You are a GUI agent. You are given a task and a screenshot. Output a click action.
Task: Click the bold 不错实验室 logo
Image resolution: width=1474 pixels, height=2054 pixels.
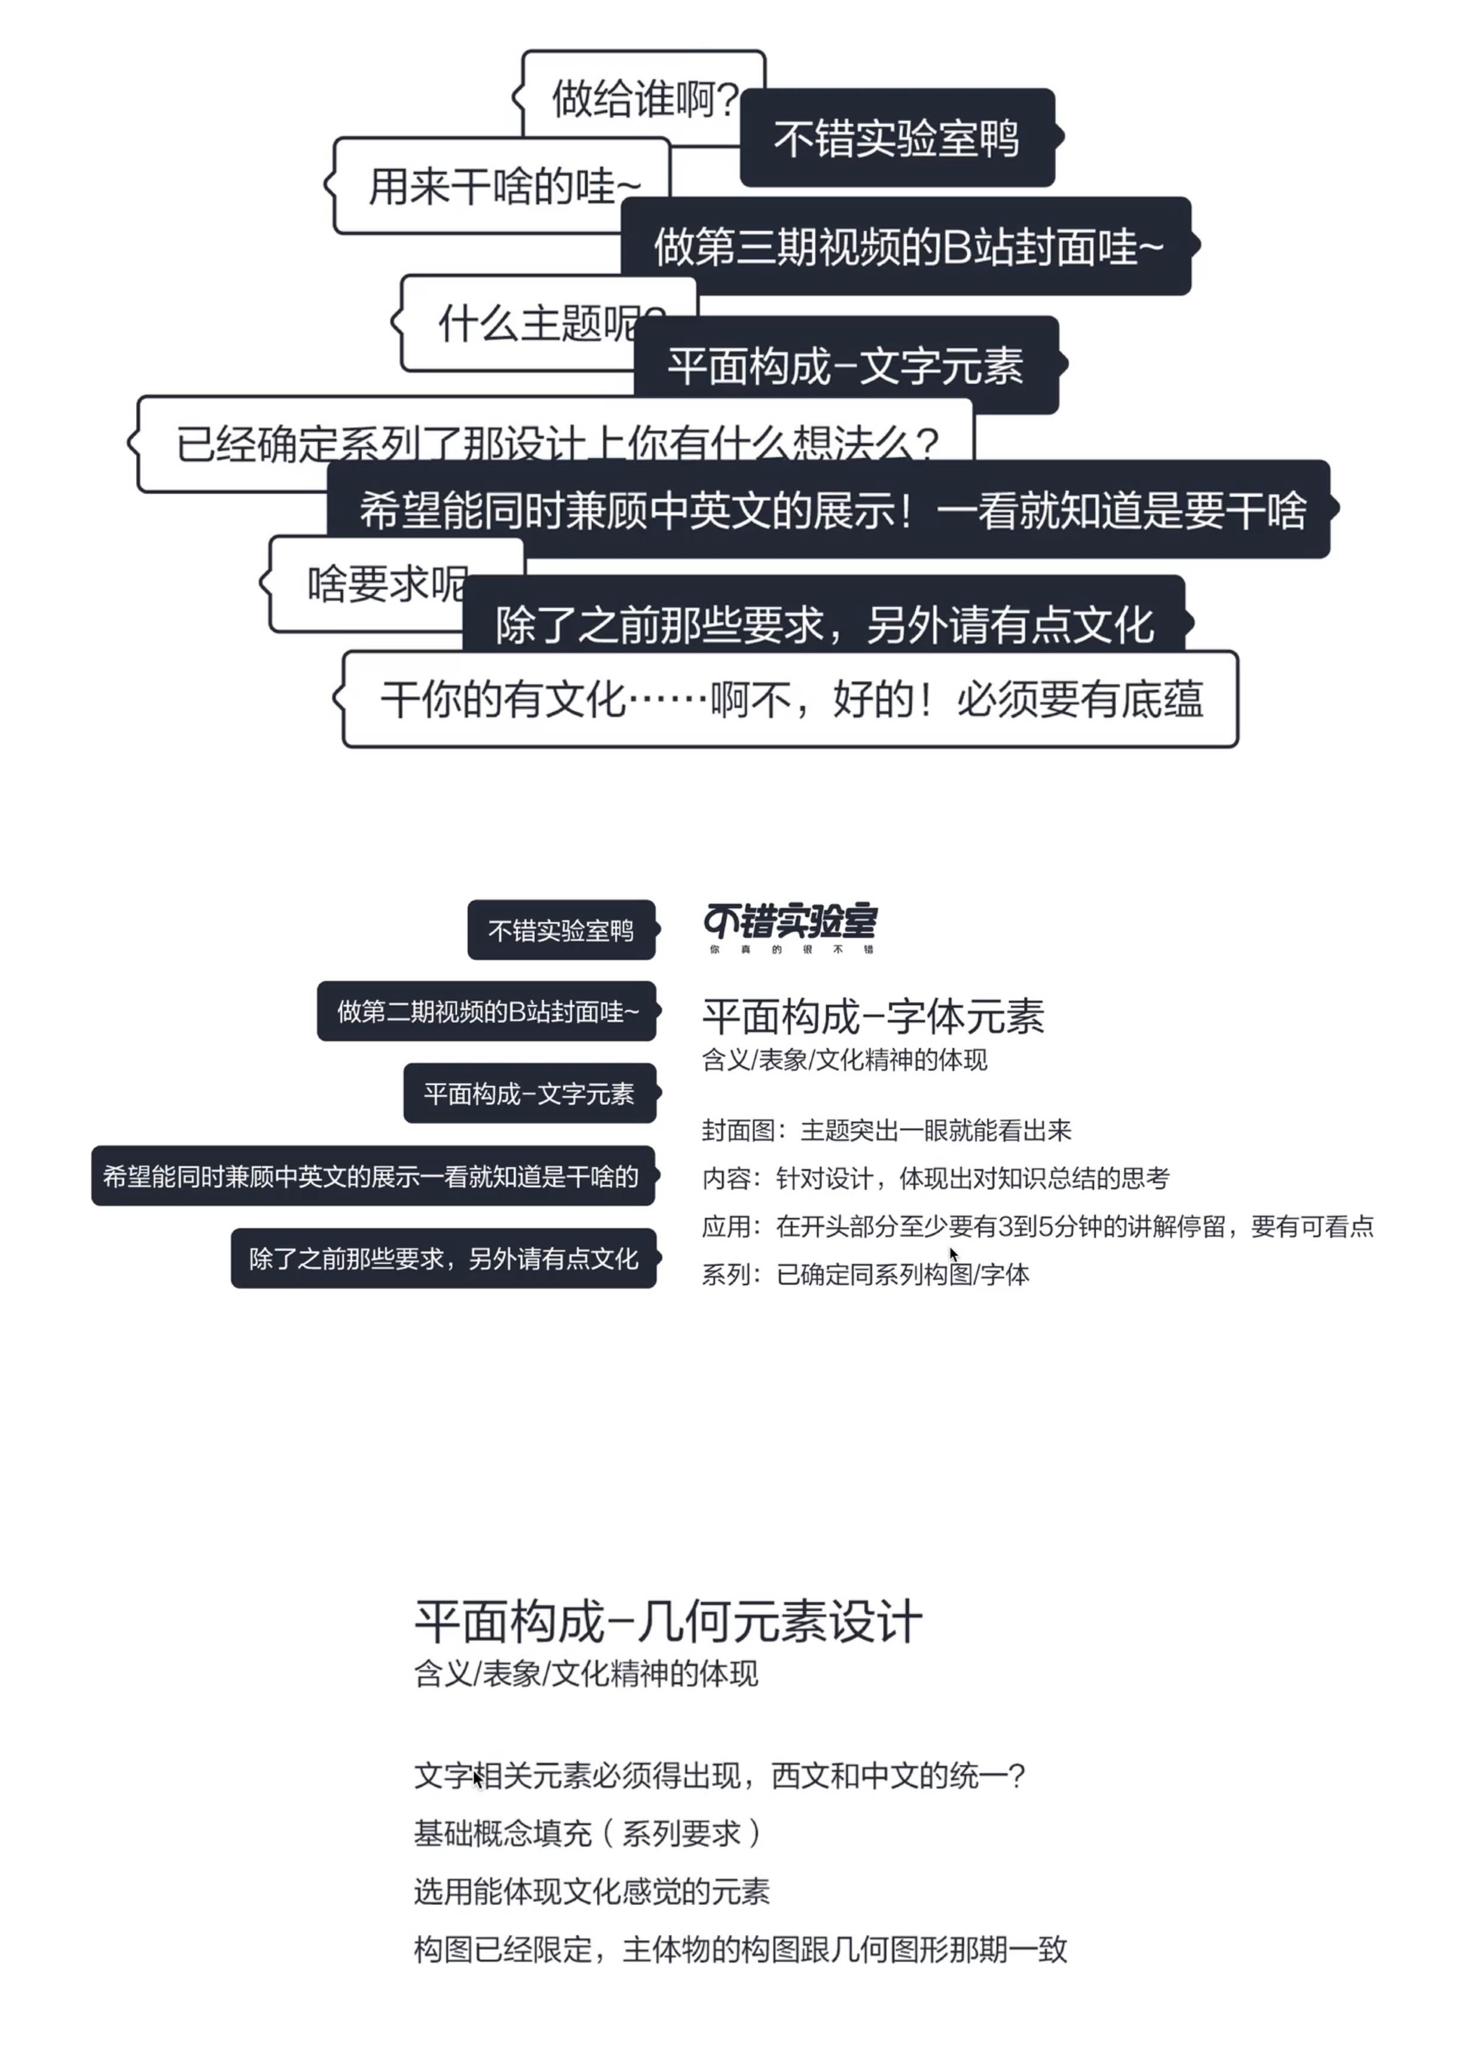pos(790,920)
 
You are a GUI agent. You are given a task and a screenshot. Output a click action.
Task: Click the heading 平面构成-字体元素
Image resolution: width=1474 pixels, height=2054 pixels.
pos(873,1016)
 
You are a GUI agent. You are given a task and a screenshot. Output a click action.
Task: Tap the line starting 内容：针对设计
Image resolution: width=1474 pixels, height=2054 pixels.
pos(935,1178)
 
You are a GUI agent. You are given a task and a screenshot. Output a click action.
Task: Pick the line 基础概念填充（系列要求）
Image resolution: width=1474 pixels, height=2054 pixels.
pos(588,1833)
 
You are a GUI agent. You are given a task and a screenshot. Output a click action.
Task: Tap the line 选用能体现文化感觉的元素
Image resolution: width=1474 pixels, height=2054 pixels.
pos(591,1891)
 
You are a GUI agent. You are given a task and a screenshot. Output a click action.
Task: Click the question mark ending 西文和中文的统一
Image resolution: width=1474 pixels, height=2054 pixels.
pos(1016,1776)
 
